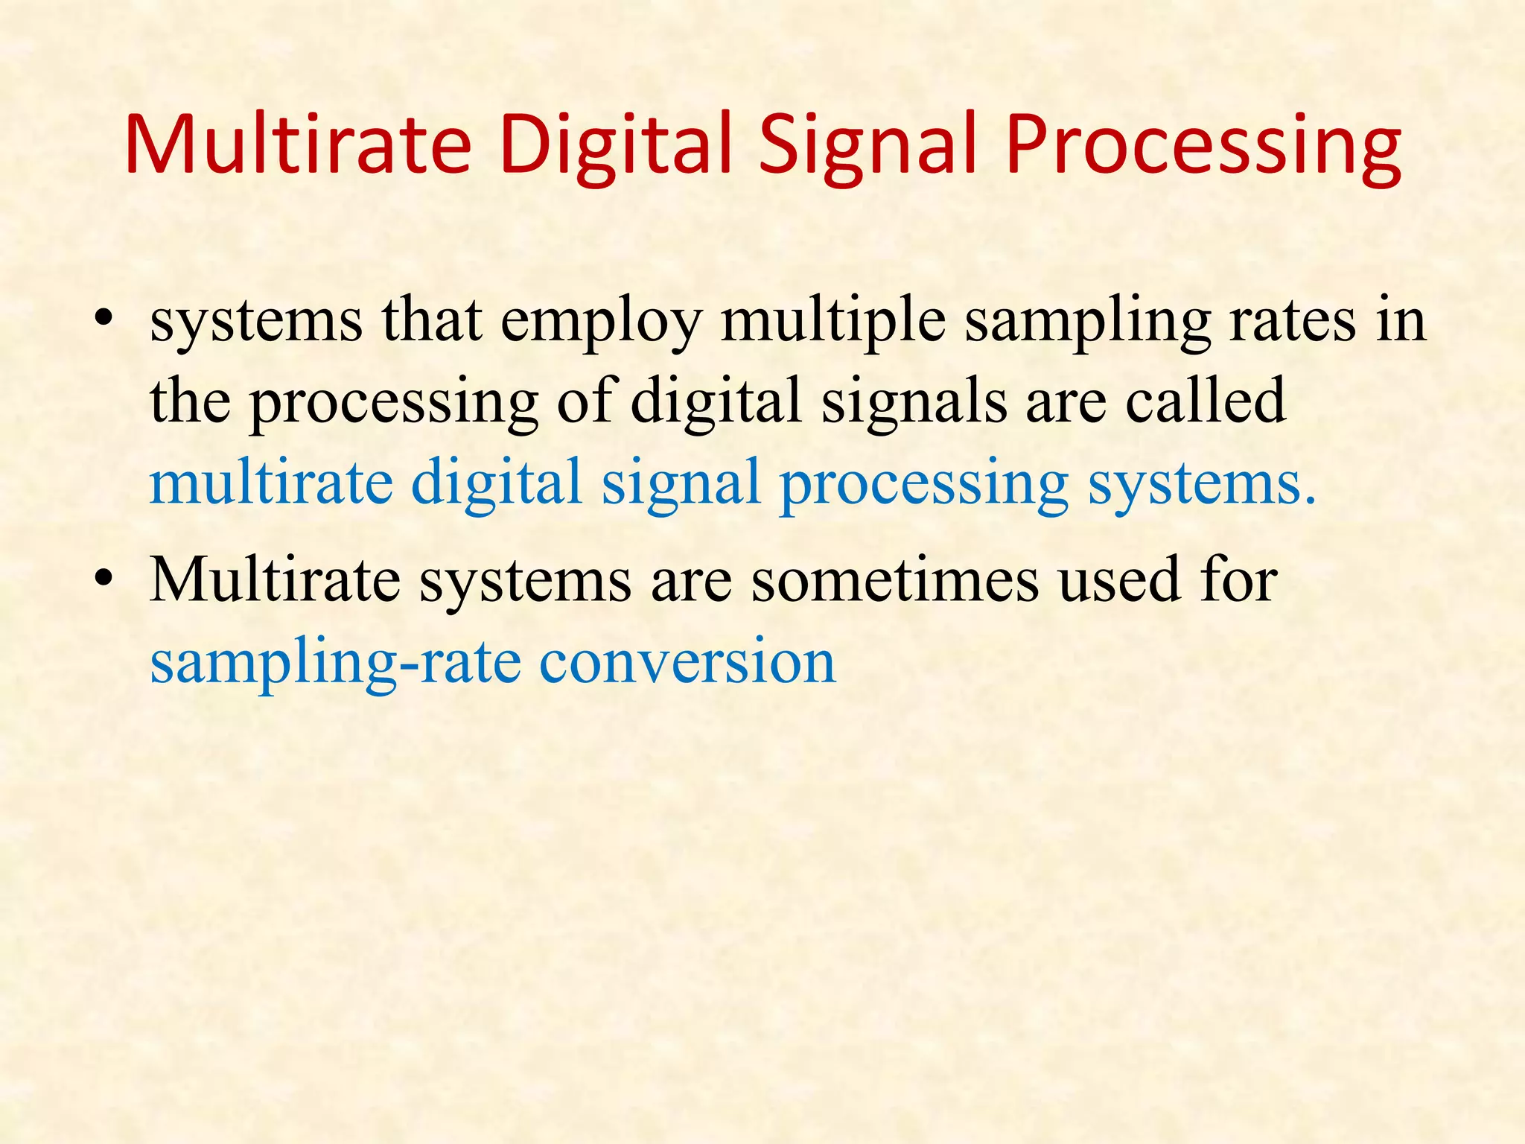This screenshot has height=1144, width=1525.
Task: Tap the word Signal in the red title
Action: pyautogui.click(x=867, y=145)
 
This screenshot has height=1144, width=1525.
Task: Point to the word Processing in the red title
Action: pyautogui.click(x=1202, y=145)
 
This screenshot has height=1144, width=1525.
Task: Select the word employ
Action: pyautogui.click(x=601, y=322)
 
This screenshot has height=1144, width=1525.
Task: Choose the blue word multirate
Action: pyautogui.click(x=271, y=482)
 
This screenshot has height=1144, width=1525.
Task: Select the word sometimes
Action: pyautogui.click(x=894, y=580)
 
